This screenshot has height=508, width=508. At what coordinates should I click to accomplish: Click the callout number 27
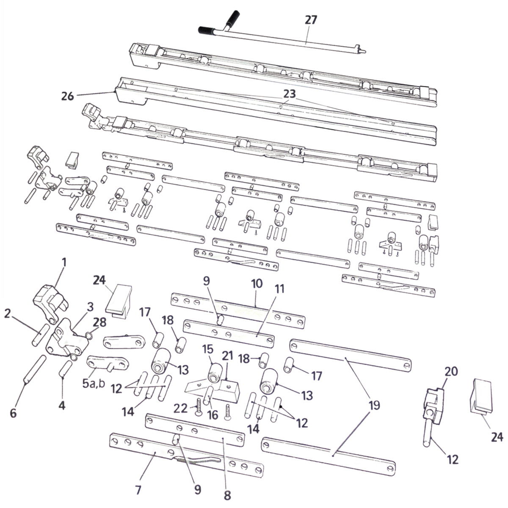pyautogui.click(x=311, y=20)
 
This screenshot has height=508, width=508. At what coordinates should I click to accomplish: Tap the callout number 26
pyautogui.click(x=67, y=97)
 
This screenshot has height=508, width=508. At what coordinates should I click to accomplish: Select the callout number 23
pyautogui.click(x=290, y=94)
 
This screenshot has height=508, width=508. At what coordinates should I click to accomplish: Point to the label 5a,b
pyautogui.click(x=94, y=384)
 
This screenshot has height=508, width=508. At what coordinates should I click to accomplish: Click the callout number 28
pyautogui.click(x=99, y=322)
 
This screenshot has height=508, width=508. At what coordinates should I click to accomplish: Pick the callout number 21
pyautogui.click(x=227, y=356)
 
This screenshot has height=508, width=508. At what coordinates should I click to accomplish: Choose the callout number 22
pyautogui.click(x=181, y=409)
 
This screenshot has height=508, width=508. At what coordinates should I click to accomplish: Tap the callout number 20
pyautogui.click(x=451, y=371)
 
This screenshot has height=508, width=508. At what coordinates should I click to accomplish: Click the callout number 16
pyautogui.click(x=213, y=415)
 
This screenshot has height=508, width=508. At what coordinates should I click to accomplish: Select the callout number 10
pyautogui.click(x=257, y=284)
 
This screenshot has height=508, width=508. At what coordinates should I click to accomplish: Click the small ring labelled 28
pyautogui.click(x=89, y=335)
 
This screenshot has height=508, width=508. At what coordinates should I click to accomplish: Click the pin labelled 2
pyautogui.click(x=40, y=335)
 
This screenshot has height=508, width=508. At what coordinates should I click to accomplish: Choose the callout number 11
pyautogui.click(x=280, y=290)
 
